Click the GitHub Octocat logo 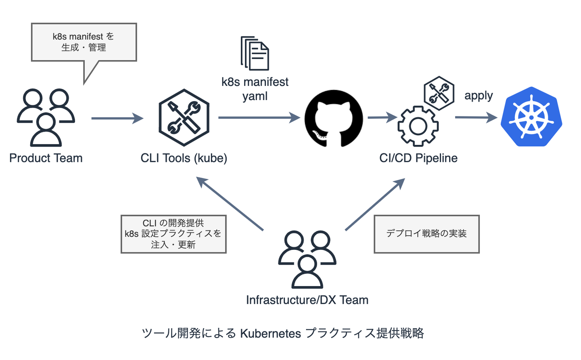[x=334, y=118]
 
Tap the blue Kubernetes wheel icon [x=531, y=117]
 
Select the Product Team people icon [x=46, y=117]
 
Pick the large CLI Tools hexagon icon [x=184, y=117]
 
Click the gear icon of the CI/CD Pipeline [x=418, y=126]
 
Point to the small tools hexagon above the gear [x=439, y=93]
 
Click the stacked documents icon [x=255, y=53]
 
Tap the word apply [x=479, y=96]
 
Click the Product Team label [x=46, y=158]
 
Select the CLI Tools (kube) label [x=184, y=158]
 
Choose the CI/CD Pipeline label [x=418, y=158]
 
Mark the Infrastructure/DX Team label [x=307, y=300]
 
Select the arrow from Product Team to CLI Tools [x=117, y=118]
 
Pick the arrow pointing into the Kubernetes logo [x=476, y=117]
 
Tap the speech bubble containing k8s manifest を [x=84, y=42]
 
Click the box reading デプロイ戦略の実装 [x=426, y=234]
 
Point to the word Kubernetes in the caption [x=271, y=333]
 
